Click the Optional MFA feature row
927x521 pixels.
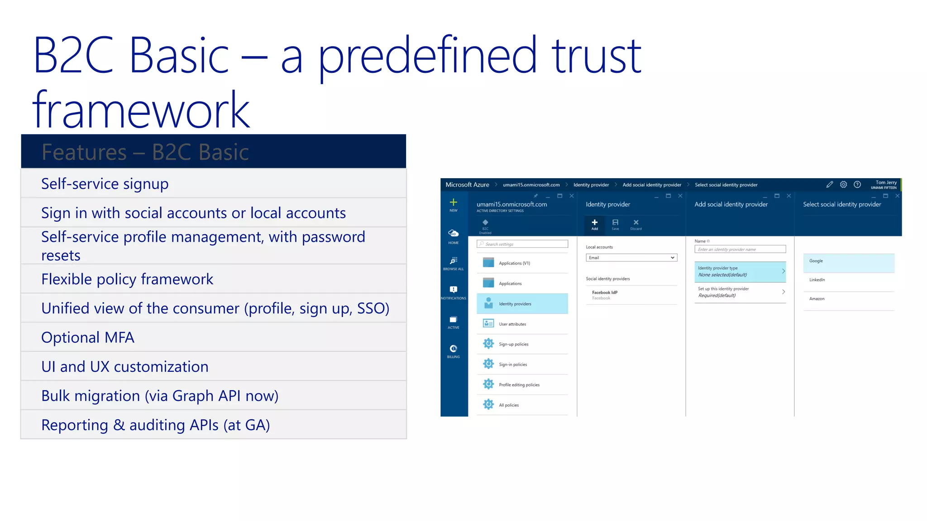213,337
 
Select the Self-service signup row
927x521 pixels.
213,184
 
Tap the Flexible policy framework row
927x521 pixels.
213,279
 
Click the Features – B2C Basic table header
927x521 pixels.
213,152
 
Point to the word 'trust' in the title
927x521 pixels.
596,56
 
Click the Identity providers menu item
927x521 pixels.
522,304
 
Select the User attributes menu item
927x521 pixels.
522,324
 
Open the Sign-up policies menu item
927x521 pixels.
522,344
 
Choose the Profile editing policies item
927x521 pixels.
522,385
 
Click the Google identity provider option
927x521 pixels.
848,261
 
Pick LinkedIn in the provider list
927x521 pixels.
848,280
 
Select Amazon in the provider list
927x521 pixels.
848,299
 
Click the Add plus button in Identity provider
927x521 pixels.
594,223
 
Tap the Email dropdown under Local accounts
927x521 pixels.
631,258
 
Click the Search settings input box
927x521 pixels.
522,244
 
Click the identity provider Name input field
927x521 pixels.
740,249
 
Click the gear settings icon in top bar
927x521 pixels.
843,185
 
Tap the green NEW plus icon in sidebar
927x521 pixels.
453,204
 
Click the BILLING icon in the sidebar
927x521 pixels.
453,350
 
